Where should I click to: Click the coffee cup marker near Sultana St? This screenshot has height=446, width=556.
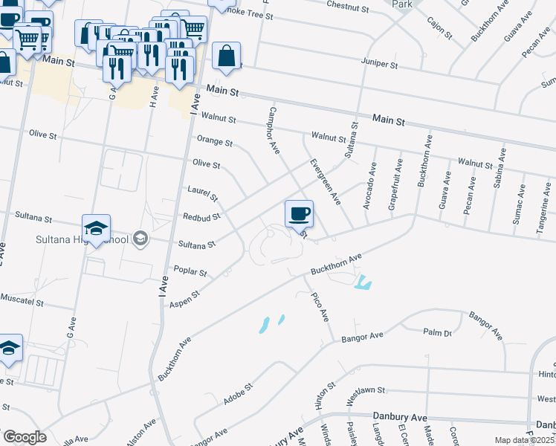click(299, 214)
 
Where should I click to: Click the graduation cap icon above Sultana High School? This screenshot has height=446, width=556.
click(97, 228)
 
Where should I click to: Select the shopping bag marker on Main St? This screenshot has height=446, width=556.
click(226, 55)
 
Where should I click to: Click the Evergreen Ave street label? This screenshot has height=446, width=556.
click(325, 181)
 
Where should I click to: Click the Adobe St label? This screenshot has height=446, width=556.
click(239, 395)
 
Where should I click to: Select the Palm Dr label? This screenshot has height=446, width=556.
click(437, 333)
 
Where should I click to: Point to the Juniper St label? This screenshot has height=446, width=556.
click(379, 65)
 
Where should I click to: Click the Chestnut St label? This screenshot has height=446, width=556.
click(348, 7)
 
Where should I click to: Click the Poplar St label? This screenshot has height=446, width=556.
click(190, 272)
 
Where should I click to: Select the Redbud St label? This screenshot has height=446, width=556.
click(201, 218)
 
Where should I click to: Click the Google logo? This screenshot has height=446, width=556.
click(24, 436)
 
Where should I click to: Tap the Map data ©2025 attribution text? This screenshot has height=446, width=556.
click(524, 440)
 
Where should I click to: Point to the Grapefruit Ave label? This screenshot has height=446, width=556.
click(396, 185)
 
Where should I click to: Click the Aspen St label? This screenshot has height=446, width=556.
click(185, 299)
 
